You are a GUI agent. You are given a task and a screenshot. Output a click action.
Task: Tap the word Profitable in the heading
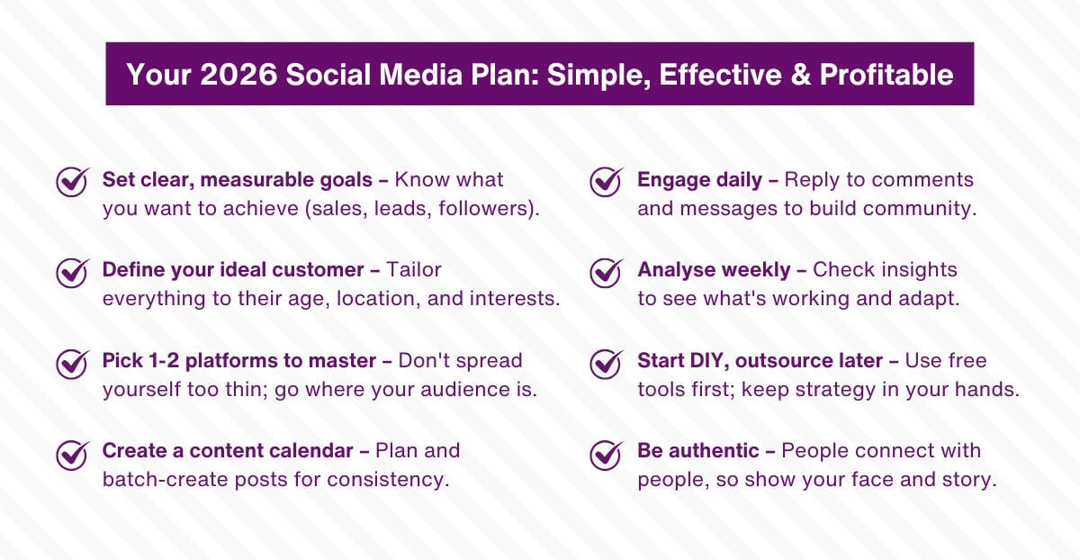point(886,74)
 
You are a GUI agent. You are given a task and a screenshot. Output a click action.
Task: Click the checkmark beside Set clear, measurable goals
point(72,181)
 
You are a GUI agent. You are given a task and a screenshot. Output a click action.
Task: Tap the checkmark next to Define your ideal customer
point(72,271)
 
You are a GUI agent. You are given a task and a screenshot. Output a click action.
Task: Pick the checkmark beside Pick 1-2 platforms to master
point(72,362)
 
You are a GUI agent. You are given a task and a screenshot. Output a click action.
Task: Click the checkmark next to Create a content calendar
point(72,453)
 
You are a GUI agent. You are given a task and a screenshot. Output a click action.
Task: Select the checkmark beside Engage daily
point(607,181)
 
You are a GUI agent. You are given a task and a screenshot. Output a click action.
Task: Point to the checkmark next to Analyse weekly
point(607,271)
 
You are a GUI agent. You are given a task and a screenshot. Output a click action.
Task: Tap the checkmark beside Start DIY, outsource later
point(607,362)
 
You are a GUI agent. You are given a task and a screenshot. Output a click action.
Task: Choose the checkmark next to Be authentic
point(607,453)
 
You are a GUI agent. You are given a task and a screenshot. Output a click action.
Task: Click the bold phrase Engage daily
point(700,180)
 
